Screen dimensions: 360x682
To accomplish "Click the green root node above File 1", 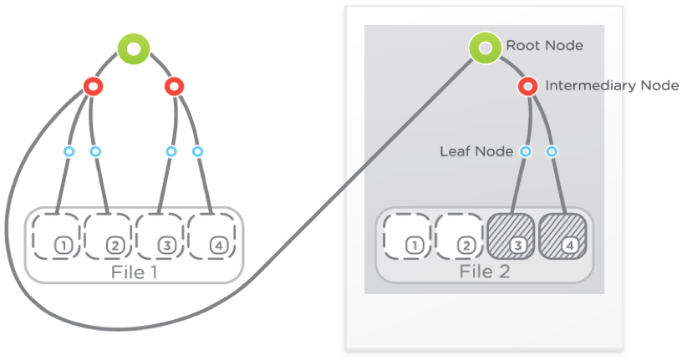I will click(x=134, y=49).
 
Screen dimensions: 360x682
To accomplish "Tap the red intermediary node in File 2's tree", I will click(x=527, y=86).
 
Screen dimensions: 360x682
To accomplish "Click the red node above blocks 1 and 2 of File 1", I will click(x=93, y=86).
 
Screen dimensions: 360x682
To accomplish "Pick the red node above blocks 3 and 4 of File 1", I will click(x=174, y=85).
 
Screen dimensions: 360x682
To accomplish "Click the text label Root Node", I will click(x=544, y=46).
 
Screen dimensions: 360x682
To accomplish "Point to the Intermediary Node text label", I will click(x=612, y=86).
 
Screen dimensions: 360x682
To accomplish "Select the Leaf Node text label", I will click(x=476, y=152).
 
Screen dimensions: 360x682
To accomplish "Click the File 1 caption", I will click(x=134, y=272).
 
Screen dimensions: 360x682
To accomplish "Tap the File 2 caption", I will click(x=485, y=272).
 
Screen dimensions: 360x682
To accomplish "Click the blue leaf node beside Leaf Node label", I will click(x=526, y=152).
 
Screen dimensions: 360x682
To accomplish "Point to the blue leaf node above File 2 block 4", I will click(x=552, y=152).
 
